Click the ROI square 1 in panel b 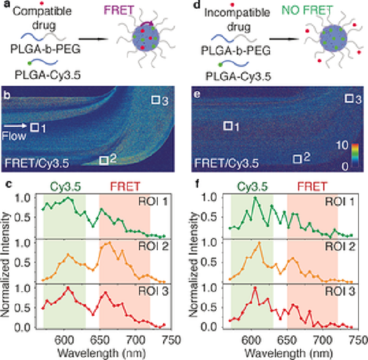pos(35,127)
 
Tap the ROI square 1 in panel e pos(228,126)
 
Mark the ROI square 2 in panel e pos(297,159)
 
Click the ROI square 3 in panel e pos(348,99)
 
